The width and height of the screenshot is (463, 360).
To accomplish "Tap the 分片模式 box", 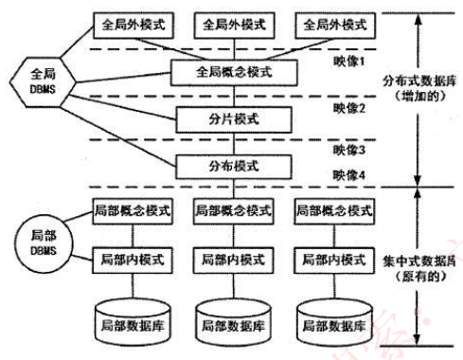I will pos(232,119).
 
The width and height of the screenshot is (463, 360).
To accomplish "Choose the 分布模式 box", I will pos(232,167).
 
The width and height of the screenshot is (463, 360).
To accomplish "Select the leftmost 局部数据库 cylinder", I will pos(130,323).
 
